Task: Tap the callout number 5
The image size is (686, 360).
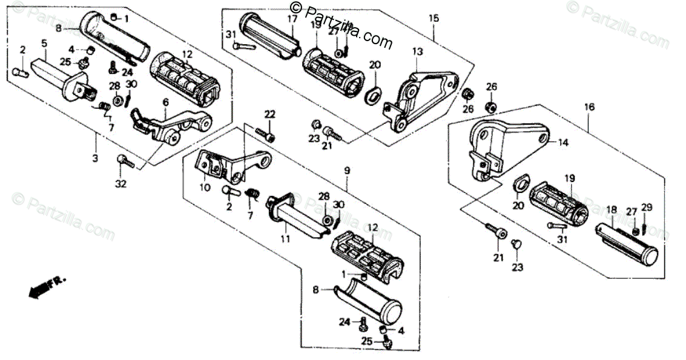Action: pos(44,43)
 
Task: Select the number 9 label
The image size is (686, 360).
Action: pos(347,171)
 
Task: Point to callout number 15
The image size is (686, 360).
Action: pos(434,18)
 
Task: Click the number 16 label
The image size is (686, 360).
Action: pos(589,107)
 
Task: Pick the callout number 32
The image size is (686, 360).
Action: pos(121,184)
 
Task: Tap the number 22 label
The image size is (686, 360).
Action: pos(269,114)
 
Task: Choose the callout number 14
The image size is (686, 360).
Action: pos(563,143)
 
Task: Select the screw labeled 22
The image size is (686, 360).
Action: pos(265,134)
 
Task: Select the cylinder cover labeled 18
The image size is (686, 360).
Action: pos(624,241)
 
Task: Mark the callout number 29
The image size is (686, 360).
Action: pos(647,208)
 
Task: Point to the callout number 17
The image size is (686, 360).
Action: pos(292,19)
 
